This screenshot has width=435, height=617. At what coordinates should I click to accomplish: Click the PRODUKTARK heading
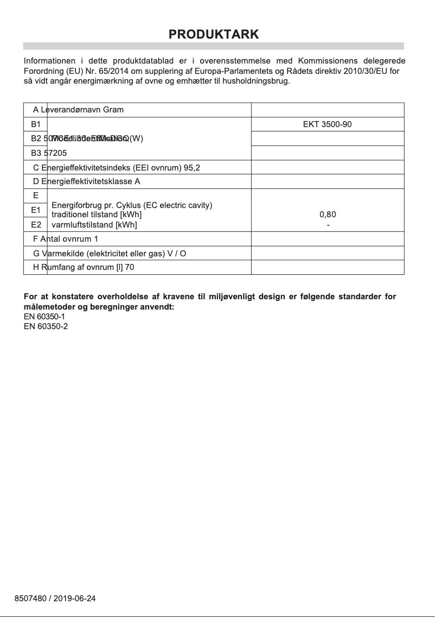coord(214,34)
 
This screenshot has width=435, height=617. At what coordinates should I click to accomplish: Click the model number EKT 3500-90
coord(327,124)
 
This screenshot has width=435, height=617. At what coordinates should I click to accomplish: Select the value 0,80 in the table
coord(328,215)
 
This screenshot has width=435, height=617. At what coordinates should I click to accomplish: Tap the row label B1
coord(36,124)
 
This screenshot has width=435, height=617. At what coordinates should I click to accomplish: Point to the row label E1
coord(36,210)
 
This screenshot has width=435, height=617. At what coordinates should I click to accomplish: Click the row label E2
coord(36,224)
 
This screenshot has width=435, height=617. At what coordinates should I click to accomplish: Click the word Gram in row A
coord(113,110)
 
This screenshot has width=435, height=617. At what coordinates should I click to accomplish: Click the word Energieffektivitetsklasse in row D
coord(86,181)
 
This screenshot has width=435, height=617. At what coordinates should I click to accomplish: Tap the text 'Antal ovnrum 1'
coord(69,239)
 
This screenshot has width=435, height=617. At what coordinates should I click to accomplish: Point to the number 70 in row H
coord(130,268)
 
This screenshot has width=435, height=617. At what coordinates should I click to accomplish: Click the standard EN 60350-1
coord(46,317)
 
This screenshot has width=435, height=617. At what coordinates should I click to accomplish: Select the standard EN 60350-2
coord(46,326)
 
